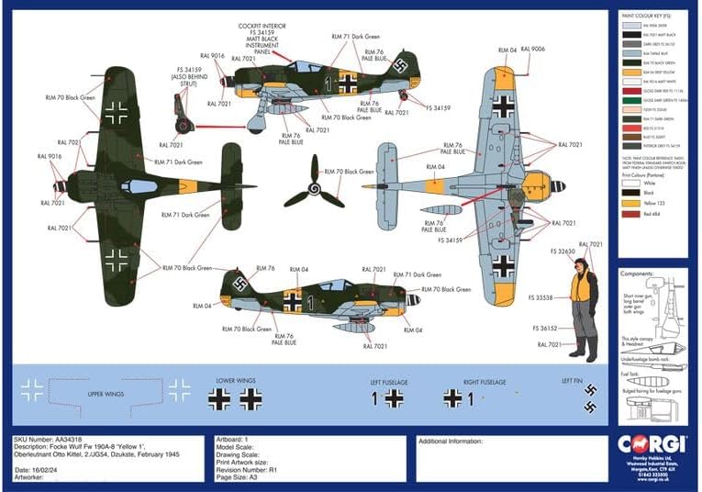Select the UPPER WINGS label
[106, 395]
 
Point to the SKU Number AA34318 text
[52, 440]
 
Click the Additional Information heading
[451, 441]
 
